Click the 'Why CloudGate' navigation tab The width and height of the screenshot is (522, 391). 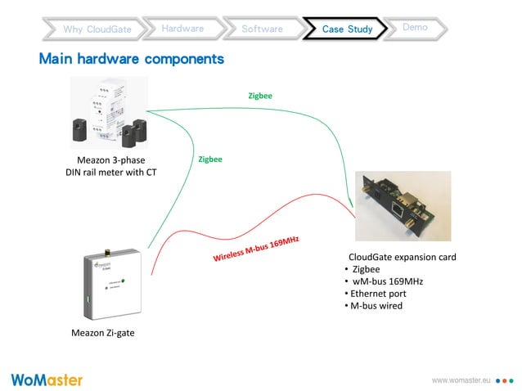[x=97, y=29]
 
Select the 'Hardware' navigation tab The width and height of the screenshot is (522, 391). [x=182, y=29]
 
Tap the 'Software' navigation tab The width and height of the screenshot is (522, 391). [x=262, y=29]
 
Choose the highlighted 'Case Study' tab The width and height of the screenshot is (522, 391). [x=347, y=29]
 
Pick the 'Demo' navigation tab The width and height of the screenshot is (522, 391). [x=415, y=28]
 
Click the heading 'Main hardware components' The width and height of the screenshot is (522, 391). [x=132, y=60]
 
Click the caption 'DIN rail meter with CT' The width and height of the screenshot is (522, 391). [x=111, y=172]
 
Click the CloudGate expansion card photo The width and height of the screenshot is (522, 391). [x=403, y=206]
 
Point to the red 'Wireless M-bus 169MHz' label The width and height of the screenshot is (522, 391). [x=256, y=249]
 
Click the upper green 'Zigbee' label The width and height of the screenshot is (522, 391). [x=260, y=96]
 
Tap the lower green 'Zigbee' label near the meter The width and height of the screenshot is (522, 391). [x=210, y=160]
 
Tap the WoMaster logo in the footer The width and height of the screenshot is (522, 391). [x=47, y=380]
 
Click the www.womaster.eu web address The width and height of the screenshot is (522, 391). [x=460, y=380]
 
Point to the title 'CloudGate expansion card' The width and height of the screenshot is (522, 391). [x=402, y=257]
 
